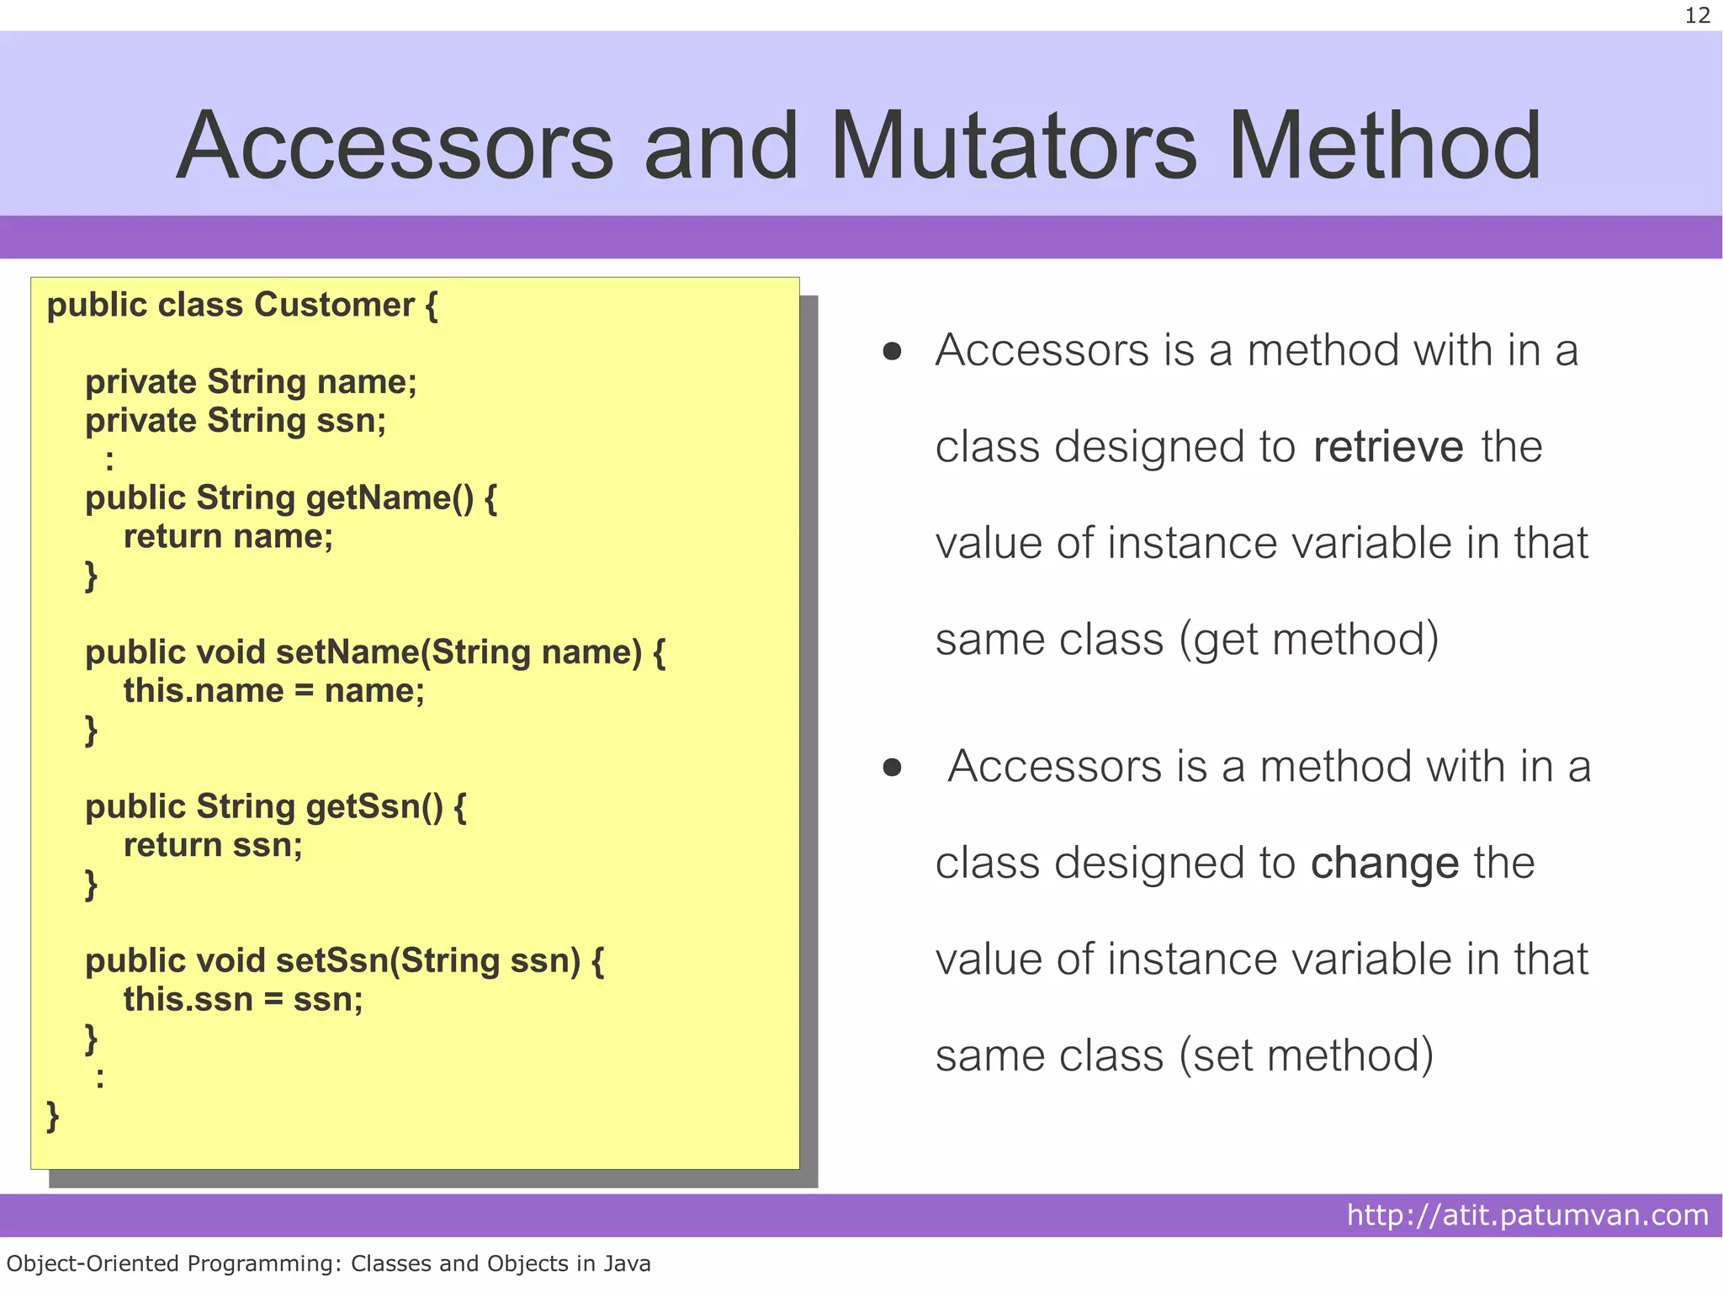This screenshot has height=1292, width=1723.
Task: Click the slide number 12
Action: pos(1697,15)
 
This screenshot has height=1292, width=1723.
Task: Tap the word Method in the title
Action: pos(1384,146)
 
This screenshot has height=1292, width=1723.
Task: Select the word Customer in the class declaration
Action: pos(334,305)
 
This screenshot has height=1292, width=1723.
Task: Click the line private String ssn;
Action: pos(236,421)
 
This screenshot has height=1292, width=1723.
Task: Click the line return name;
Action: pos(228,537)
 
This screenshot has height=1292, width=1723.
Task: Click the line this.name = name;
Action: pos(273,691)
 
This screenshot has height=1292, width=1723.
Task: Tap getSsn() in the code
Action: pos(374,806)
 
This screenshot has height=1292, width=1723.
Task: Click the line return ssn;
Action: pos(213,845)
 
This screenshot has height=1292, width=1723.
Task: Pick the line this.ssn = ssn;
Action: pos(243,1000)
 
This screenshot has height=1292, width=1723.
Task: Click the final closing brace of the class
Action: pos(53,1116)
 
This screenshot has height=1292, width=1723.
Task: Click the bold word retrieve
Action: pos(1387,446)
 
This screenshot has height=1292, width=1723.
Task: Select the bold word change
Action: pos(1384,863)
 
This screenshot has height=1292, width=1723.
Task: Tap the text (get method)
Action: pos(1308,639)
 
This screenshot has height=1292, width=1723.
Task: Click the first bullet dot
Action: pos(892,351)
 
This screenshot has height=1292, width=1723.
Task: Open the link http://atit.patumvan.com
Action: pos(1527,1215)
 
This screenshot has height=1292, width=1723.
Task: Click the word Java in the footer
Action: pos(628,1263)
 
